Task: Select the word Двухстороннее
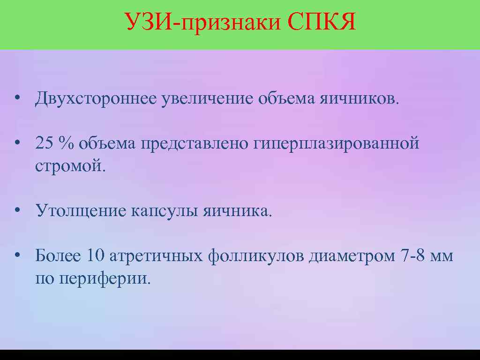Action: (95, 99)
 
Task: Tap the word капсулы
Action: (164, 211)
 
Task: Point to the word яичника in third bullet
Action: (236, 211)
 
